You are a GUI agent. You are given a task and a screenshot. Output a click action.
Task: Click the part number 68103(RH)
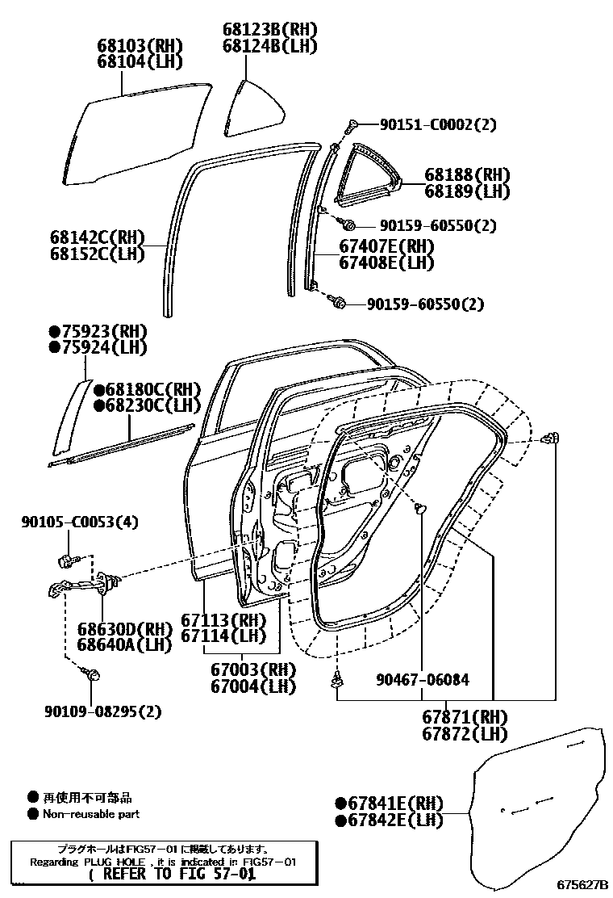click(x=140, y=45)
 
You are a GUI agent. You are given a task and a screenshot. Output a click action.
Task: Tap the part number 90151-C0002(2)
click(x=438, y=124)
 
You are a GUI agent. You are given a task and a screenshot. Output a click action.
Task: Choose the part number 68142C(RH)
click(x=96, y=237)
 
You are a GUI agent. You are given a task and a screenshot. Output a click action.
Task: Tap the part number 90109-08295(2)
click(x=103, y=711)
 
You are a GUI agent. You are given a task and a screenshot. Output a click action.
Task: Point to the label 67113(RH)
click(x=223, y=619)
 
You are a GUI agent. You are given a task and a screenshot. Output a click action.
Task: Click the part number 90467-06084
click(x=422, y=680)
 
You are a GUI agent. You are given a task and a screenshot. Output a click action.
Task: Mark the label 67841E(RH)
click(x=390, y=804)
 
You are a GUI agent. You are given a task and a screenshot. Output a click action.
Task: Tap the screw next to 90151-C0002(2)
click(x=352, y=125)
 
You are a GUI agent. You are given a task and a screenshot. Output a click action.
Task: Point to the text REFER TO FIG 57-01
click(x=171, y=874)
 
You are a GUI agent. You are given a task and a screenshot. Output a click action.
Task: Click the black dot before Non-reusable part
click(x=33, y=814)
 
